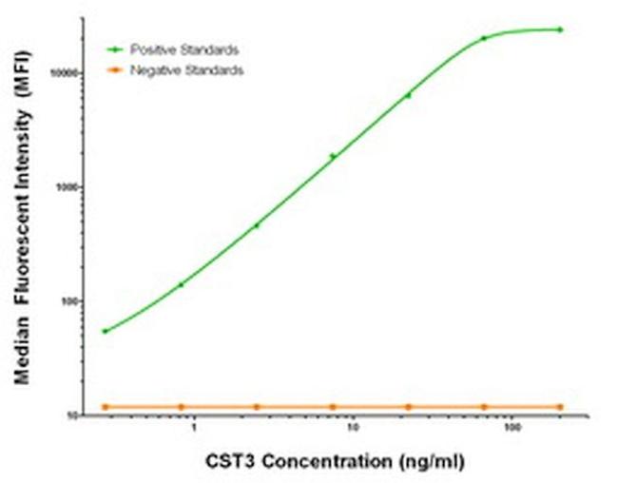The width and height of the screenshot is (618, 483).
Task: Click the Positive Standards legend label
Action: pyautogui.click(x=184, y=48)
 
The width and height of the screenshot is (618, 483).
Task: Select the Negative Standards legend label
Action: pyautogui.click(x=186, y=70)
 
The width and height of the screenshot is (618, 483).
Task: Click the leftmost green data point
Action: pyautogui.click(x=105, y=331)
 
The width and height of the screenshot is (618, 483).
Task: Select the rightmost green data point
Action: pyautogui.click(x=560, y=29)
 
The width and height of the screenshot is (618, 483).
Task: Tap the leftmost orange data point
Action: pyautogui.click(x=105, y=407)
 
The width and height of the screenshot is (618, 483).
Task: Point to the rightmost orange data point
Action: pyautogui.click(x=560, y=407)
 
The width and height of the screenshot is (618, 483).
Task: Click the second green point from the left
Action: pyautogui.click(x=181, y=284)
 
